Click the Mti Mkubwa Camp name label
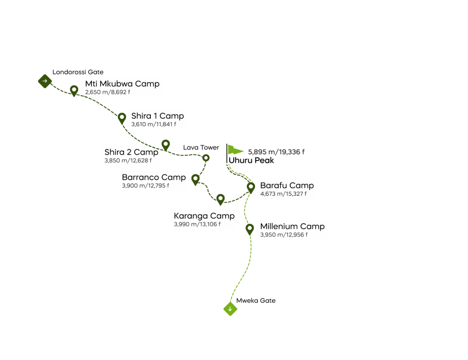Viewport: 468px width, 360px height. [122, 84]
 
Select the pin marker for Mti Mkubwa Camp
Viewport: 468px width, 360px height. [74, 90]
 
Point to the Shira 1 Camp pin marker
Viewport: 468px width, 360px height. [122, 118]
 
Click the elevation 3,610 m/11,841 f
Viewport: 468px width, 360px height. [154, 124]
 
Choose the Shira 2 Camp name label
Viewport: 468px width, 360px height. [131, 152]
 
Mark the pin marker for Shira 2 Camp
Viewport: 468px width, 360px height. [165, 145]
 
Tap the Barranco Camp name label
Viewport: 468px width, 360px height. [154, 177]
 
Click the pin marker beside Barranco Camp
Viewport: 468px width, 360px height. [195, 179]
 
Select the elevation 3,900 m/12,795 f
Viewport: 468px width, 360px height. [145, 186]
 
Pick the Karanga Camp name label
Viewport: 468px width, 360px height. [204, 216]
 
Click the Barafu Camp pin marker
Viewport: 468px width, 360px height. [250, 187]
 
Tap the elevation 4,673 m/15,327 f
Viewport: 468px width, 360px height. [283, 194]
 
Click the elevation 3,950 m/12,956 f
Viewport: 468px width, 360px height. [284, 235]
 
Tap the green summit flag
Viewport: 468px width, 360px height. [235, 150]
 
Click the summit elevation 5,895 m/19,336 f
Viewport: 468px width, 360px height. [277, 152]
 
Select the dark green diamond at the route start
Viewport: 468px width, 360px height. [44, 81]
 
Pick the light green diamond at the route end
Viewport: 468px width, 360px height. [230, 309]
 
